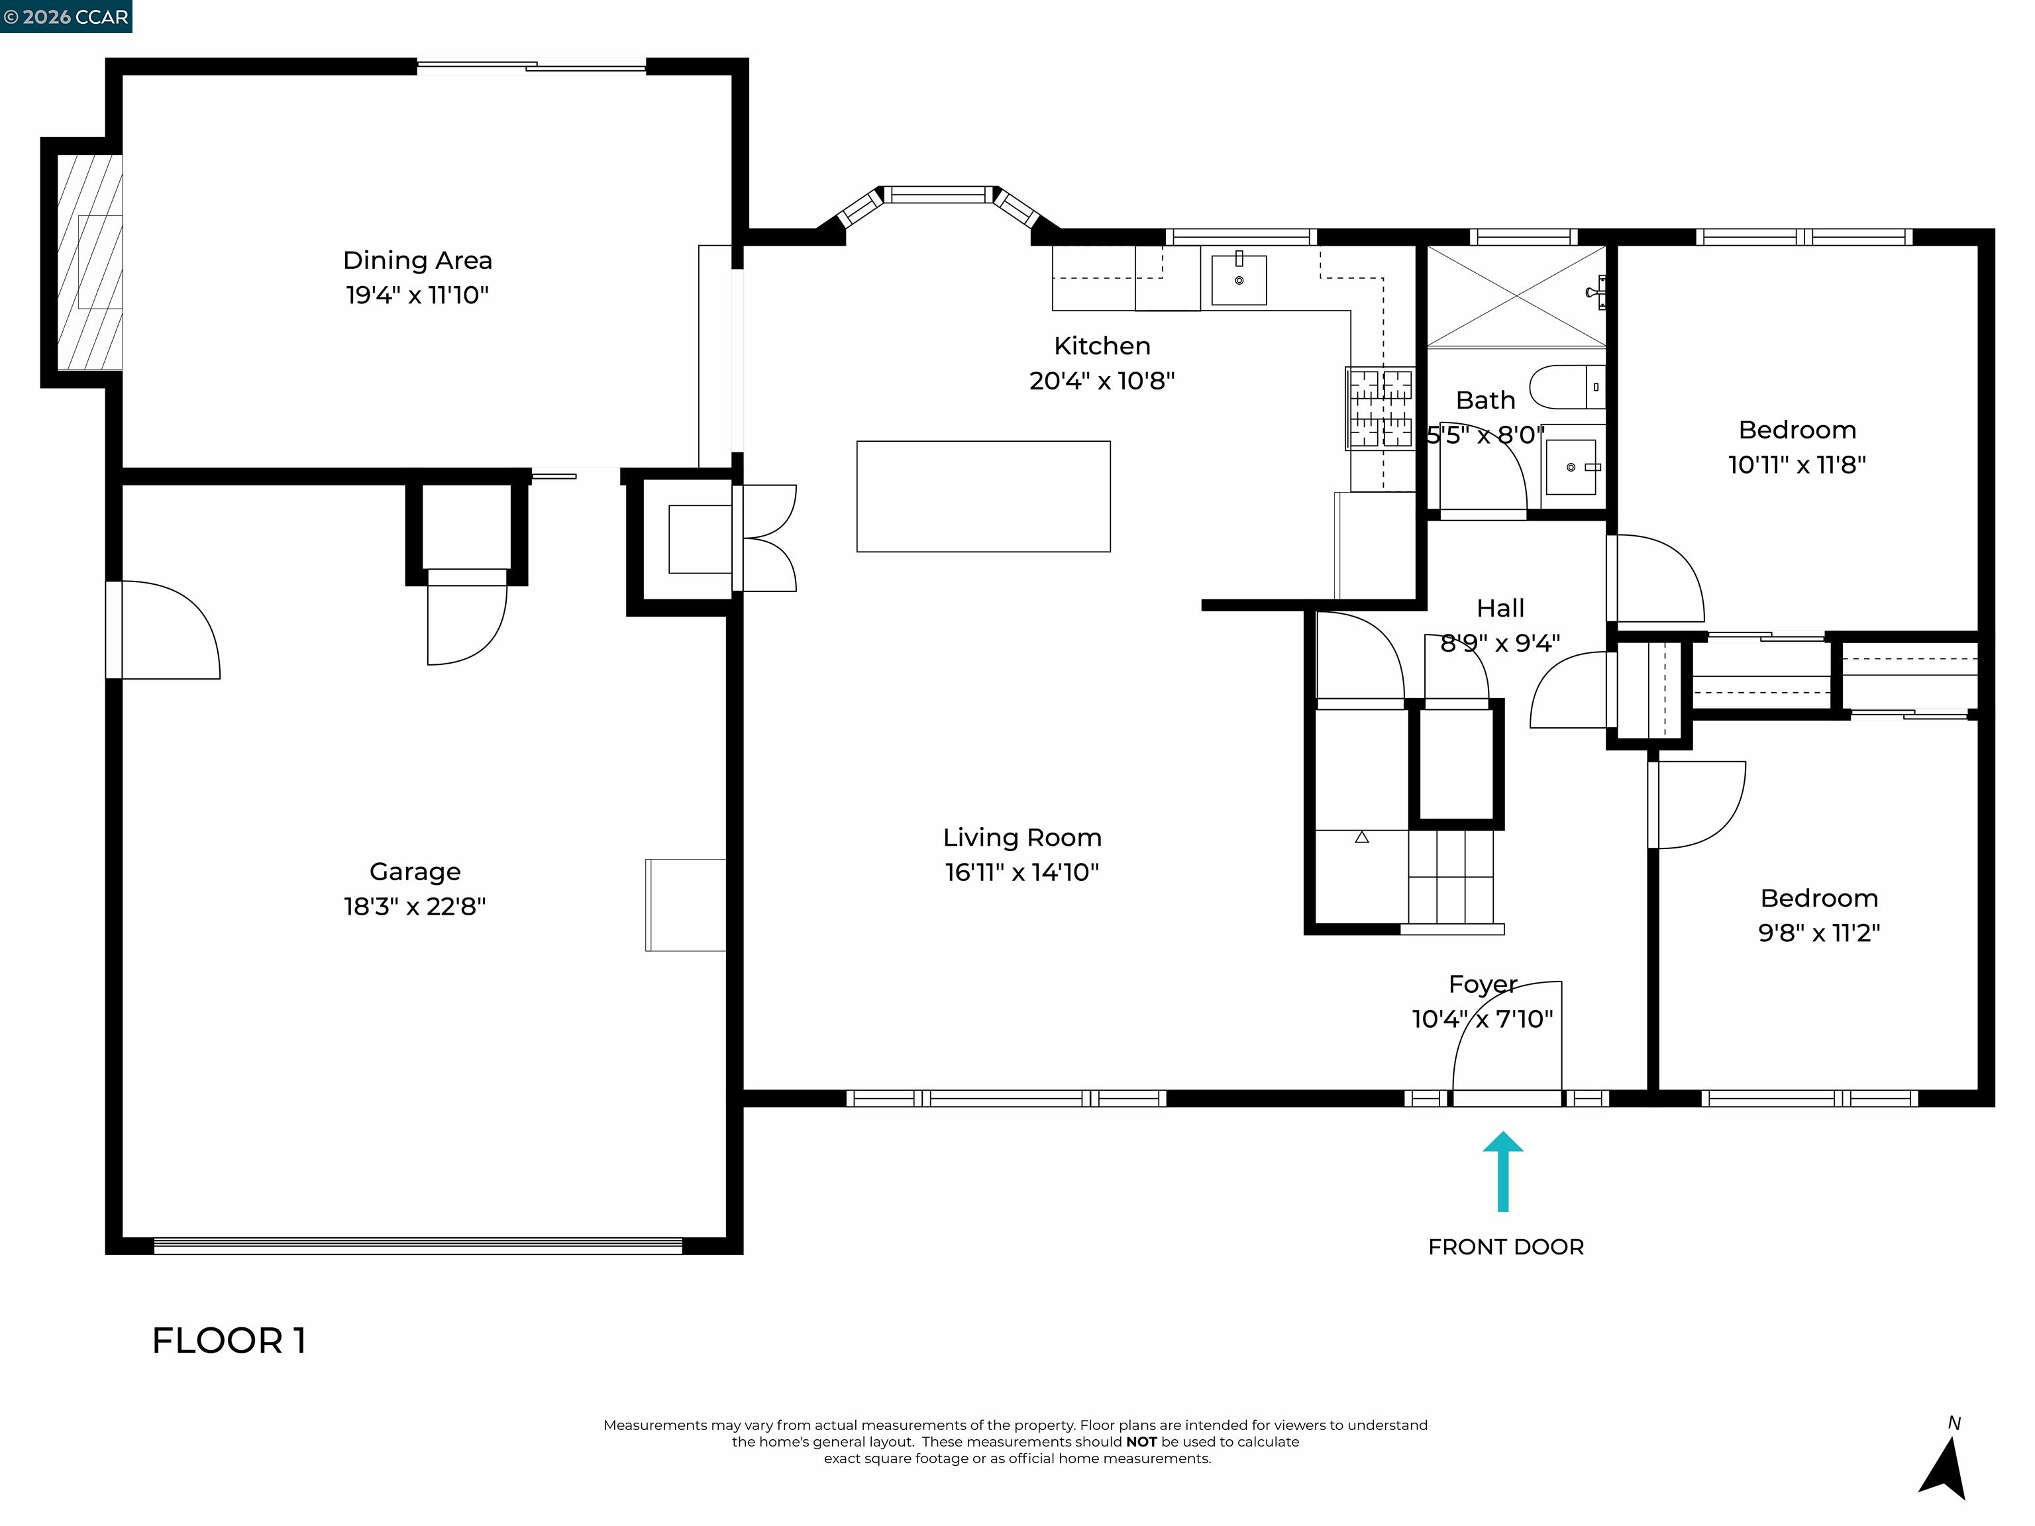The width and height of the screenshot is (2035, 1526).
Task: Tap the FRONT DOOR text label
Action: pos(1505,1247)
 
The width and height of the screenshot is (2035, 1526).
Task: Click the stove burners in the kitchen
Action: pos(1379,409)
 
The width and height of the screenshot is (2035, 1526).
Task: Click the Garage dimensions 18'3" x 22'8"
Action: pos(414,906)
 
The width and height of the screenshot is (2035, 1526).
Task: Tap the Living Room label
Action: pos(1021,837)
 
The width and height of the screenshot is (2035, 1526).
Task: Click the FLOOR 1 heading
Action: pos(228,1341)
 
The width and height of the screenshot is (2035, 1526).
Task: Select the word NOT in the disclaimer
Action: pos(1141,1443)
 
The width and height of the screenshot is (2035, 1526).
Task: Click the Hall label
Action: pos(1500,608)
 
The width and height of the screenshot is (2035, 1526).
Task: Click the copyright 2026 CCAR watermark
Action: pos(66,17)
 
